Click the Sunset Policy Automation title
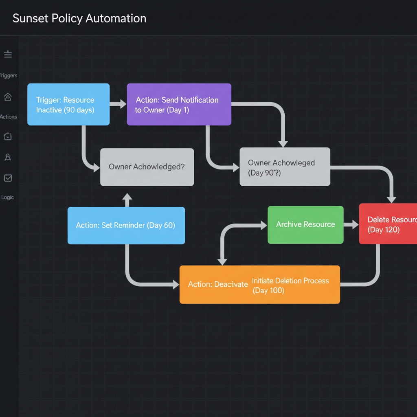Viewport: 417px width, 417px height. [79, 18]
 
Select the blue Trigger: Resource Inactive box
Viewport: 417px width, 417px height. [68, 105]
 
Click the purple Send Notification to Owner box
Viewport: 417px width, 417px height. [179, 105]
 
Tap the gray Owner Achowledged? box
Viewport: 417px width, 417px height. [147, 167]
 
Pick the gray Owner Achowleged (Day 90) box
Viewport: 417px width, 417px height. [285, 167]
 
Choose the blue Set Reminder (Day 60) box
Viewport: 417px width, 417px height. [126, 225]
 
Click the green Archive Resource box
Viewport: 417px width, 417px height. [305, 224]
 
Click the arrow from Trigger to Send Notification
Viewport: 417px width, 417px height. [118, 104]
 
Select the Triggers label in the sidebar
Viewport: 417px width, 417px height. [9, 76]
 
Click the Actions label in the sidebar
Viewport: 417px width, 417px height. [9, 117]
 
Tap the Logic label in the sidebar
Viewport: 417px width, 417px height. [8, 198]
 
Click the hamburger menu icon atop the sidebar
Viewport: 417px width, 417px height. [8, 54]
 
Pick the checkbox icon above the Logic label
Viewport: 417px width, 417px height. [8, 178]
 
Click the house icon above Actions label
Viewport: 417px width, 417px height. [8, 97]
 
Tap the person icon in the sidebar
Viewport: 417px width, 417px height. [8, 157]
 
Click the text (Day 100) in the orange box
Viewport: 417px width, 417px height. [268, 291]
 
